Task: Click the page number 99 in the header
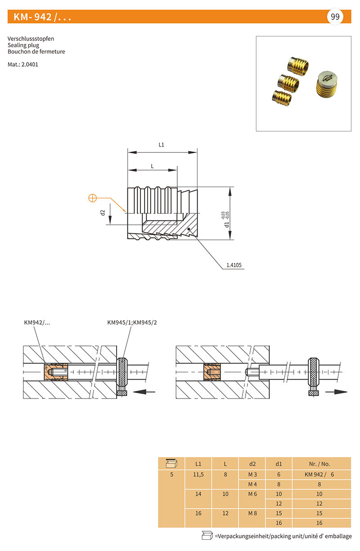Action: pos(335,17)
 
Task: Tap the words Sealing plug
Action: pos(23,45)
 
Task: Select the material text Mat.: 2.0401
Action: pos(23,64)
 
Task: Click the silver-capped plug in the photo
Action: pos(326,85)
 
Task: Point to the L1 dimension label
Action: pos(161,145)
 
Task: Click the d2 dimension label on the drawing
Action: pos(103,212)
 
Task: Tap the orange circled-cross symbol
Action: pos(93,198)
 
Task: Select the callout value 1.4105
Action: pos(234,265)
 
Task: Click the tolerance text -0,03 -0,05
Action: pos(225,215)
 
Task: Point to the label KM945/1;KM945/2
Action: pos(132,323)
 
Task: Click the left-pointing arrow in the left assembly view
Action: pos(144,392)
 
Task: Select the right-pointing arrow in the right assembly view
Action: pos(336,392)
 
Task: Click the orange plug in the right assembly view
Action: pos(212,372)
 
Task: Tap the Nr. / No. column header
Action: pos(319,464)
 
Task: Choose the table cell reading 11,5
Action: pos(198,475)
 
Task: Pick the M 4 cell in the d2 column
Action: pos(252,484)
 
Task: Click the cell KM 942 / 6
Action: pos(319,475)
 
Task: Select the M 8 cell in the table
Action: pos(252,513)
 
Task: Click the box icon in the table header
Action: pos(171,463)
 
